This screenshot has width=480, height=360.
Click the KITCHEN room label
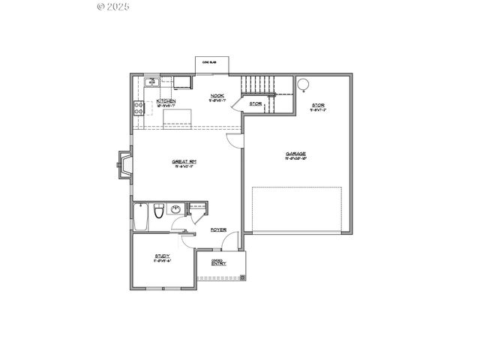tap(166, 100)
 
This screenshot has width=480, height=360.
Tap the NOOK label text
tap(217, 96)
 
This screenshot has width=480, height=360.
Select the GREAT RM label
tap(184, 161)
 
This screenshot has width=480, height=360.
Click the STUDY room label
tap(163, 256)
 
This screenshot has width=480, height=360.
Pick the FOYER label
tap(218, 229)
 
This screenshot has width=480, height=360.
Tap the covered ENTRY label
tap(219, 263)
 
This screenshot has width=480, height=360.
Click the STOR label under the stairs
tap(256, 103)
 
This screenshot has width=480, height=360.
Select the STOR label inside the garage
tap(318, 105)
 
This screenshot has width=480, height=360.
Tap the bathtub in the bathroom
tap(140, 217)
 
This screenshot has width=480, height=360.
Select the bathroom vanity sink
tap(175, 209)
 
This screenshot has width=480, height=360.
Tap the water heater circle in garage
tap(305, 84)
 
